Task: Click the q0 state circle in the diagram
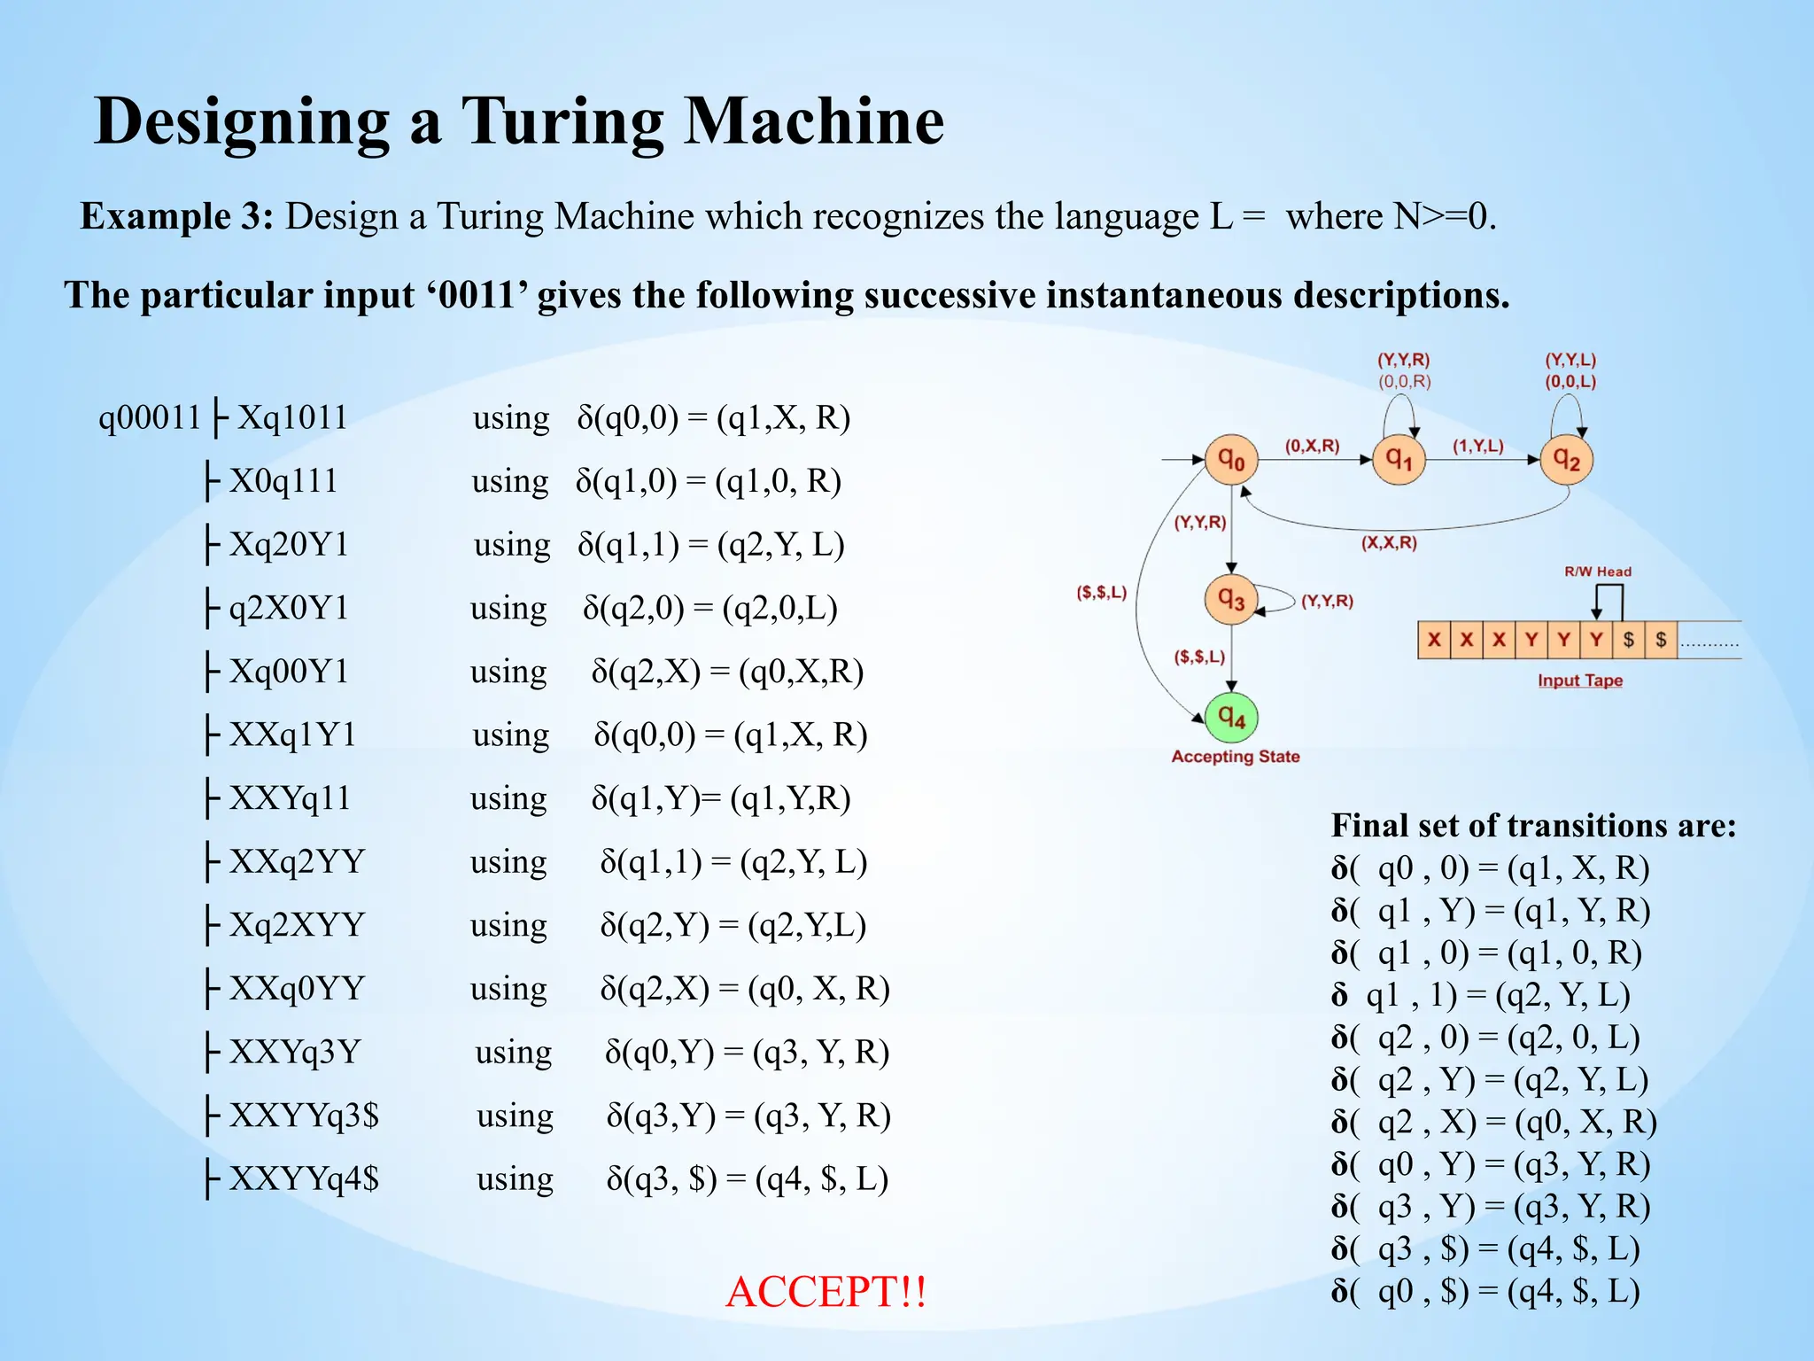pos(1231,460)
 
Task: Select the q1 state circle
pos(1399,460)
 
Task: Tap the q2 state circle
pos(1566,460)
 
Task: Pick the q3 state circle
pos(1231,600)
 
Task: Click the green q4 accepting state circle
pos(1231,717)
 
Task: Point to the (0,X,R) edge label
pos(1312,446)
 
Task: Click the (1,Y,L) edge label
pos(1477,446)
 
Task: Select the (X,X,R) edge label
pos(1389,542)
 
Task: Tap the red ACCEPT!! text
pos(826,1291)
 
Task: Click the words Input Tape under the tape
pos(1580,680)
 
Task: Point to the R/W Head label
pos(1597,572)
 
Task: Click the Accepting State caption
pos(1236,757)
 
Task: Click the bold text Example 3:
pos(177,216)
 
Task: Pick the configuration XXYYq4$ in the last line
pos(304,1178)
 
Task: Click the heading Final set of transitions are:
pos(1533,825)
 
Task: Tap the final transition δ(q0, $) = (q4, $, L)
pos(1485,1291)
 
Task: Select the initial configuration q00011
pos(150,416)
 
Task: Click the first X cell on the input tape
pos(1434,640)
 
